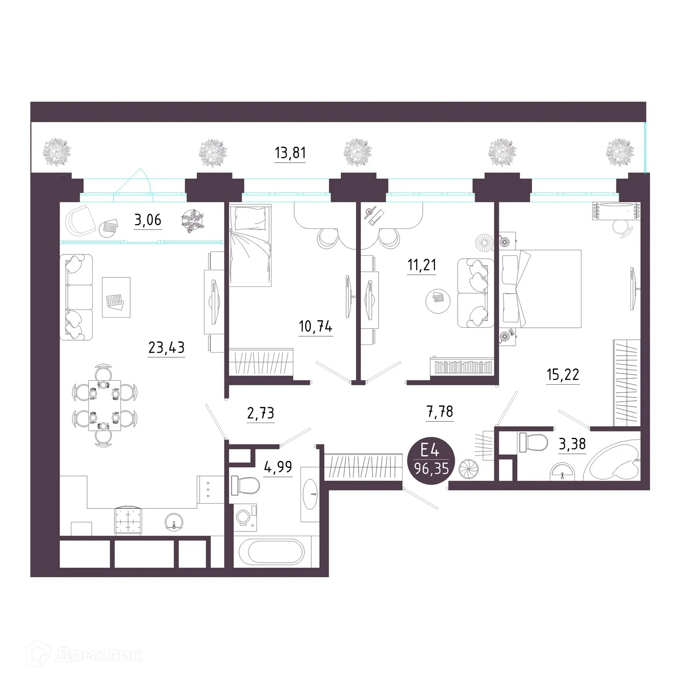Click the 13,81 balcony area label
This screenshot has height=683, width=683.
[290, 153]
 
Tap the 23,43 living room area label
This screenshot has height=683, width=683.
[166, 348]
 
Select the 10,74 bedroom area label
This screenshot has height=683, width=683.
[315, 327]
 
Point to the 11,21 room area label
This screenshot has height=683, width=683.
[422, 265]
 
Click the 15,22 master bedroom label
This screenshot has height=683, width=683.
[563, 375]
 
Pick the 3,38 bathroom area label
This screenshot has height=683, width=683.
[572, 444]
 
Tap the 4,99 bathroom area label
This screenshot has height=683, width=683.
[278, 467]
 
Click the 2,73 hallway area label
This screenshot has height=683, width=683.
[260, 413]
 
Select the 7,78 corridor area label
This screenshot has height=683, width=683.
[440, 412]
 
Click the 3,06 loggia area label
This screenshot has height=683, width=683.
[148, 220]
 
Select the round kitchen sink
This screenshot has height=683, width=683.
[174, 521]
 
